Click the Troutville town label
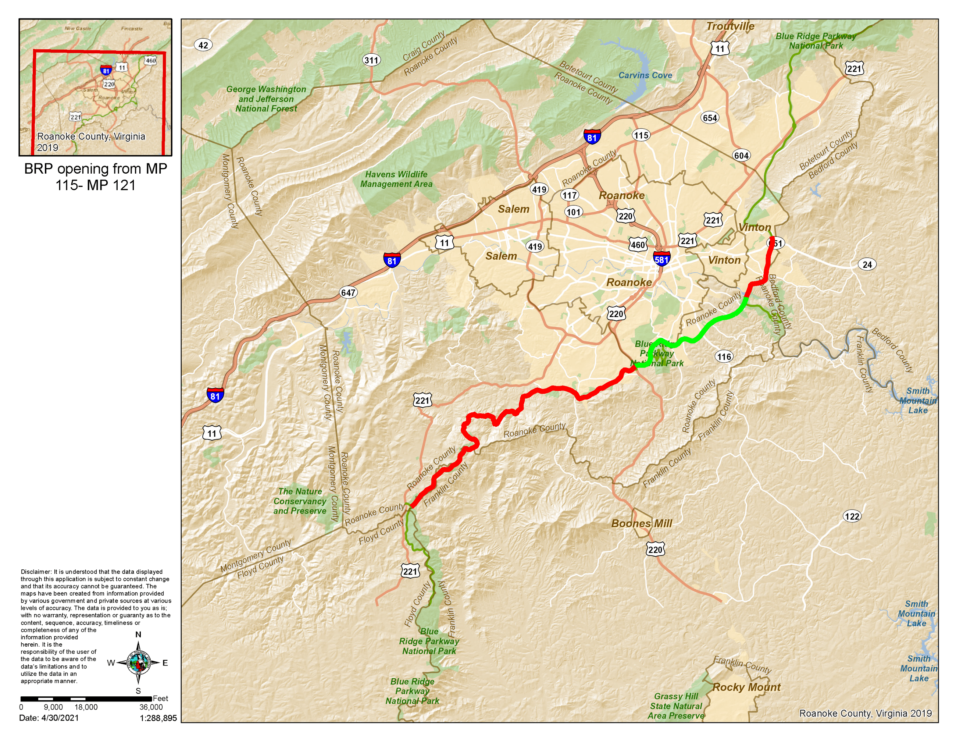pos(730,26)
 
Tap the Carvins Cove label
pos(645,75)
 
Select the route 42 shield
pos(203,45)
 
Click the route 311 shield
pos(371,60)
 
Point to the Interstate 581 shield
pos(661,259)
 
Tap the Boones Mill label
pos(641,523)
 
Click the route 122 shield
pos(852,516)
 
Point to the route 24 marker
pos(867,264)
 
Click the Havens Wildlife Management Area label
pos(396,179)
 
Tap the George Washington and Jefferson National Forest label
pos(266,99)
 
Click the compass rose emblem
pos(138,662)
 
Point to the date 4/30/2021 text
pos(49,718)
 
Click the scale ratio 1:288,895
pos(158,718)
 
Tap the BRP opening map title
pos(96,177)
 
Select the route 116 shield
pos(724,356)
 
